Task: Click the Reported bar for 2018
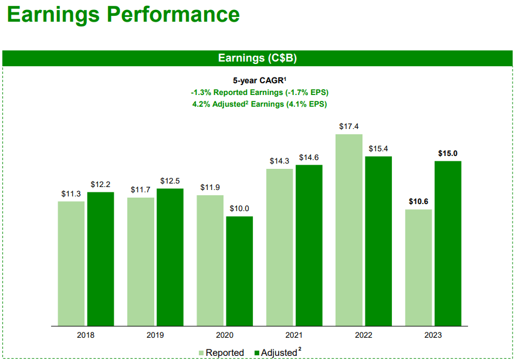click(x=71, y=263)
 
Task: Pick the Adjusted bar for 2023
click(x=448, y=243)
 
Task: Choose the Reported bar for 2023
click(x=418, y=267)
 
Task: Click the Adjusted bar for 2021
click(x=309, y=245)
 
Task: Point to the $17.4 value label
click(x=349, y=126)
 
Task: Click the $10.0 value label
click(x=239, y=209)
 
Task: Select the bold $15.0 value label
click(x=448, y=154)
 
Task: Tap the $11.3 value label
click(x=71, y=193)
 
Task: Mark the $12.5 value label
click(x=170, y=181)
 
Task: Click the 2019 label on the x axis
click(x=155, y=335)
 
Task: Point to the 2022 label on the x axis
click(x=363, y=335)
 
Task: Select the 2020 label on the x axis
click(x=225, y=335)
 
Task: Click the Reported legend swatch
click(x=201, y=352)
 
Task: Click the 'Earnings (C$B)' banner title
click(x=257, y=58)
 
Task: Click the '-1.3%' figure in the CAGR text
click(x=202, y=92)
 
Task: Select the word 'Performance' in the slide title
click(x=172, y=14)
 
